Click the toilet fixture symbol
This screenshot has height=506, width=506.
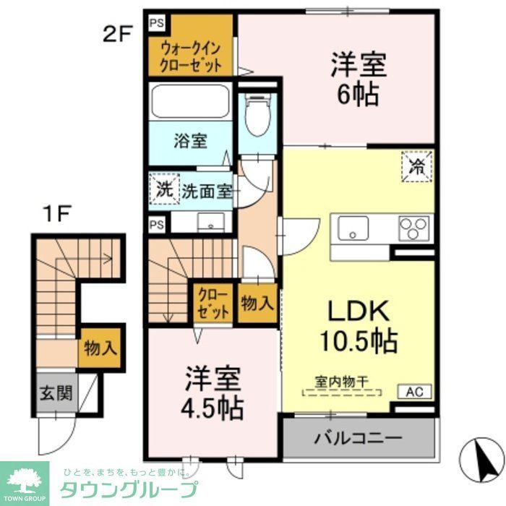tap(257, 115)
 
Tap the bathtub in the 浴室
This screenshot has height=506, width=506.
tap(190, 100)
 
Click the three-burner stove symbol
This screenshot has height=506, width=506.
tap(414, 228)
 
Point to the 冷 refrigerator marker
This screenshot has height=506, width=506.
tap(417, 166)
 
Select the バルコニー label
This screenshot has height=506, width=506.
tap(358, 438)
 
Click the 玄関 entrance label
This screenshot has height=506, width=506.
tap(55, 393)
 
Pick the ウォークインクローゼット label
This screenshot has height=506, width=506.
tap(190, 55)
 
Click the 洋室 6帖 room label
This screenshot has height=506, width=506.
tap(359, 78)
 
